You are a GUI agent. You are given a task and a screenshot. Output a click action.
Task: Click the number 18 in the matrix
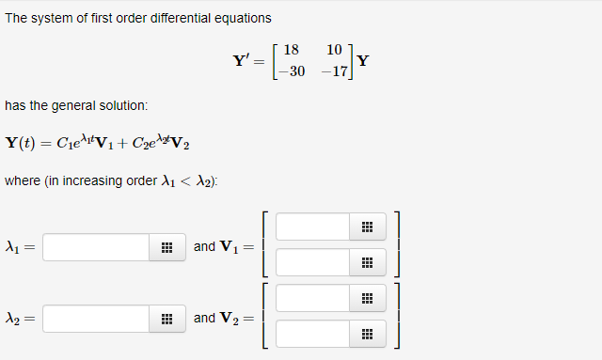tap(291, 50)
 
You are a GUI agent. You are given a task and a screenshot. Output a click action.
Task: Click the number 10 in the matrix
tap(334, 50)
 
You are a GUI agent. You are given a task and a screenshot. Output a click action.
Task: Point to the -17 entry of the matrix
tap(332, 71)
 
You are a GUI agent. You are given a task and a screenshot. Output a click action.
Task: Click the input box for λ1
tap(95, 247)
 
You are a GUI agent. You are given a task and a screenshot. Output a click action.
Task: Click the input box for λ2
tap(95, 319)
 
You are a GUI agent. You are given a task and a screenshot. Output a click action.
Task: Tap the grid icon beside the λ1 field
tap(166, 247)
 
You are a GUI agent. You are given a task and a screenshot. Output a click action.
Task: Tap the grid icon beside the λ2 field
tap(166, 319)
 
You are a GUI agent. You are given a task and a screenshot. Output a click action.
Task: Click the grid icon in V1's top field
tap(367, 227)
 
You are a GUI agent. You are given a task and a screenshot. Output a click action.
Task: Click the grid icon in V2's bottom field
tap(367, 334)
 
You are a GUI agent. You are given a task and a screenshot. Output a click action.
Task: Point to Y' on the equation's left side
tap(241, 61)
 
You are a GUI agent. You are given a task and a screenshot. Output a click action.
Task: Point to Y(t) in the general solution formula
tap(22, 143)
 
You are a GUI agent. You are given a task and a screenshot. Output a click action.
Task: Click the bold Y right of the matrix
tap(363, 62)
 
